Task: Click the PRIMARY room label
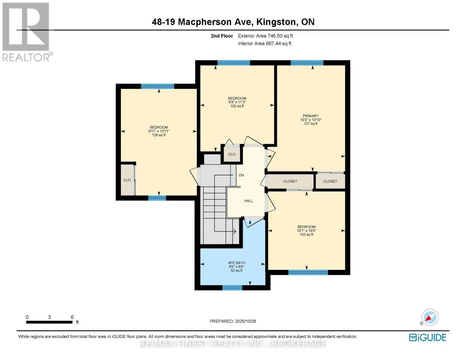coord(311,116)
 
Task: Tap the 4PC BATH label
coord(236,263)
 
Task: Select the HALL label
coord(248,201)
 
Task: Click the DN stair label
coord(241,175)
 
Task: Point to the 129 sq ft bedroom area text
coord(159,135)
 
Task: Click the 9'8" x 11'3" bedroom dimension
coord(237,102)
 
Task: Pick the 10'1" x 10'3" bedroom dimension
coord(306,231)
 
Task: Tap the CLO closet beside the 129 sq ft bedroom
coord(127,180)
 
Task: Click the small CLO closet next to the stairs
coord(232,154)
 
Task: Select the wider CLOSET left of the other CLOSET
coord(290,181)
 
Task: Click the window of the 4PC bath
coord(232,288)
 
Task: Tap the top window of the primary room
coord(307,63)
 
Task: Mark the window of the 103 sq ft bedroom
coord(308,272)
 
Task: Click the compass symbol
coord(430,317)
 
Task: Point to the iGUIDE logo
coord(428,337)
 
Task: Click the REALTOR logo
coord(26,32)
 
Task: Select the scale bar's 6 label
coord(72,317)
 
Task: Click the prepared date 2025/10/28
coord(245,321)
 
